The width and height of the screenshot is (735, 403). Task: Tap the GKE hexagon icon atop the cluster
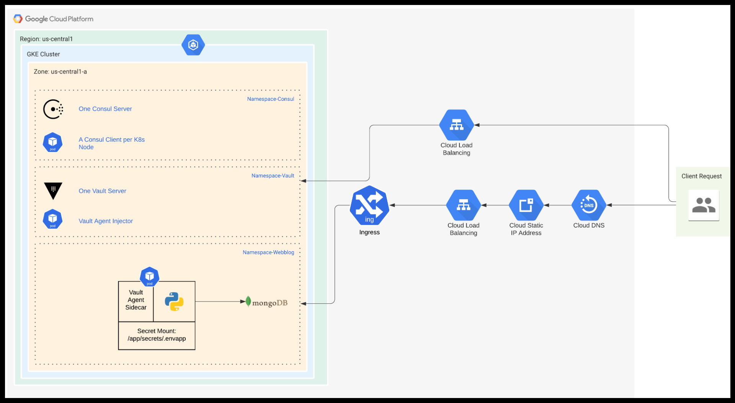pyautogui.click(x=193, y=45)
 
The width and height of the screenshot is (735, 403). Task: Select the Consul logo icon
pyautogui.click(x=53, y=109)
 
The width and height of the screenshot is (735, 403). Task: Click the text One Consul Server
pyautogui.click(x=105, y=109)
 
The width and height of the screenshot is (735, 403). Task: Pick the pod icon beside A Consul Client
pyautogui.click(x=53, y=143)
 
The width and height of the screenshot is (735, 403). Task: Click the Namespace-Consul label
pyautogui.click(x=270, y=99)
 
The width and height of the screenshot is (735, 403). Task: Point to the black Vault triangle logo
pyautogui.click(x=53, y=190)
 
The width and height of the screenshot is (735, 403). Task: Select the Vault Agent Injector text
pyautogui.click(x=106, y=221)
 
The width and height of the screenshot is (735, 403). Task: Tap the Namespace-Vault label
pyautogui.click(x=273, y=175)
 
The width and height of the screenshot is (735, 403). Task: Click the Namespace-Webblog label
pyautogui.click(x=268, y=252)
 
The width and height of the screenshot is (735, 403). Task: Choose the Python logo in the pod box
pyautogui.click(x=174, y=301)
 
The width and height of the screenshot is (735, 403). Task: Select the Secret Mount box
pyautogui.click(x=157, y=335)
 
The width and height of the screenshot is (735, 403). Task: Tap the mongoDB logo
pyautogui.click(x=266, y=302)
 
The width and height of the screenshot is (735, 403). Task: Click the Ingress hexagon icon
pyautogui.click(x=369, y=206)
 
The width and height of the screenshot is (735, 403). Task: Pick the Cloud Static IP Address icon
pyautogui.click(x=526, y=205)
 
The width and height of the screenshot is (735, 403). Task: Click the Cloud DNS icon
pyautogui.click(x=589, y=205)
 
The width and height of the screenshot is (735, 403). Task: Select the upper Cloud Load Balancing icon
pyautogui.click(x=456, y=125)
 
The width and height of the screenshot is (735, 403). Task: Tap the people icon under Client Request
pyautogui.click(x=704, y=205)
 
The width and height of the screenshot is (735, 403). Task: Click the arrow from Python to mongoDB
pyautogui.click(x=220, y=301)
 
